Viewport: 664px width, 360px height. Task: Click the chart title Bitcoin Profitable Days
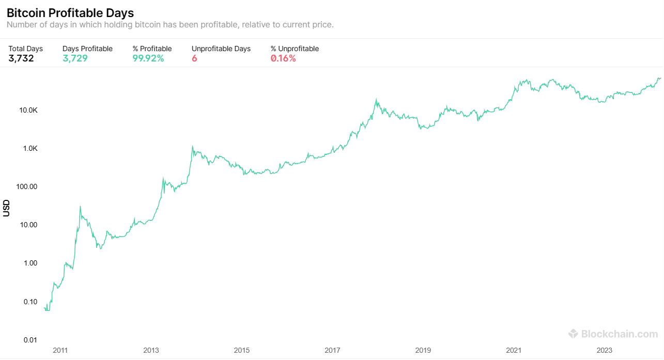click(70, 13)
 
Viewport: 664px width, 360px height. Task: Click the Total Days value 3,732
click(21, 58)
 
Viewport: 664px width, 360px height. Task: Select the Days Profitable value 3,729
click(75, 58)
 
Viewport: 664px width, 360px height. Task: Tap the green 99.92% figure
click(148, 58)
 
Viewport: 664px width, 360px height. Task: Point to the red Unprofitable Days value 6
click(194, 58)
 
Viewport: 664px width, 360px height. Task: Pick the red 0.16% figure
click(283, 58)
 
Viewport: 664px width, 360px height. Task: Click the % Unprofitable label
click(295, 49)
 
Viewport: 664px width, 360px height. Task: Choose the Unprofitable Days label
click(221, 49)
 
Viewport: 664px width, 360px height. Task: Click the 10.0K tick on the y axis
click(28, 110)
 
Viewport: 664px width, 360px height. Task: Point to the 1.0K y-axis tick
click(29, 148)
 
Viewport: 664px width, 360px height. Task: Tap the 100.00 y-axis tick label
click(27, 186)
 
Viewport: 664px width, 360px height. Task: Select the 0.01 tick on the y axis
click(30, 340)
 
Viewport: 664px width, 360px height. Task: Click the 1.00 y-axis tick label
click(30, 263)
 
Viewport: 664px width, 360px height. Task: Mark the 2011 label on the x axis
click(60, 350)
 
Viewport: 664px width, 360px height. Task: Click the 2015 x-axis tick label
click(242, 350)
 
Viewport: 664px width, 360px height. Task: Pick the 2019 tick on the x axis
click(423, 350)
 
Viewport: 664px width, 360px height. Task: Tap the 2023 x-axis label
click(605, 350)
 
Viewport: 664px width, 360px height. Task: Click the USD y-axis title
click(6, 208)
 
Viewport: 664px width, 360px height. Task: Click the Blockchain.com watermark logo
click(613, 334)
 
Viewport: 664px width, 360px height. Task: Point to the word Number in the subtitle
click(22, 25)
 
